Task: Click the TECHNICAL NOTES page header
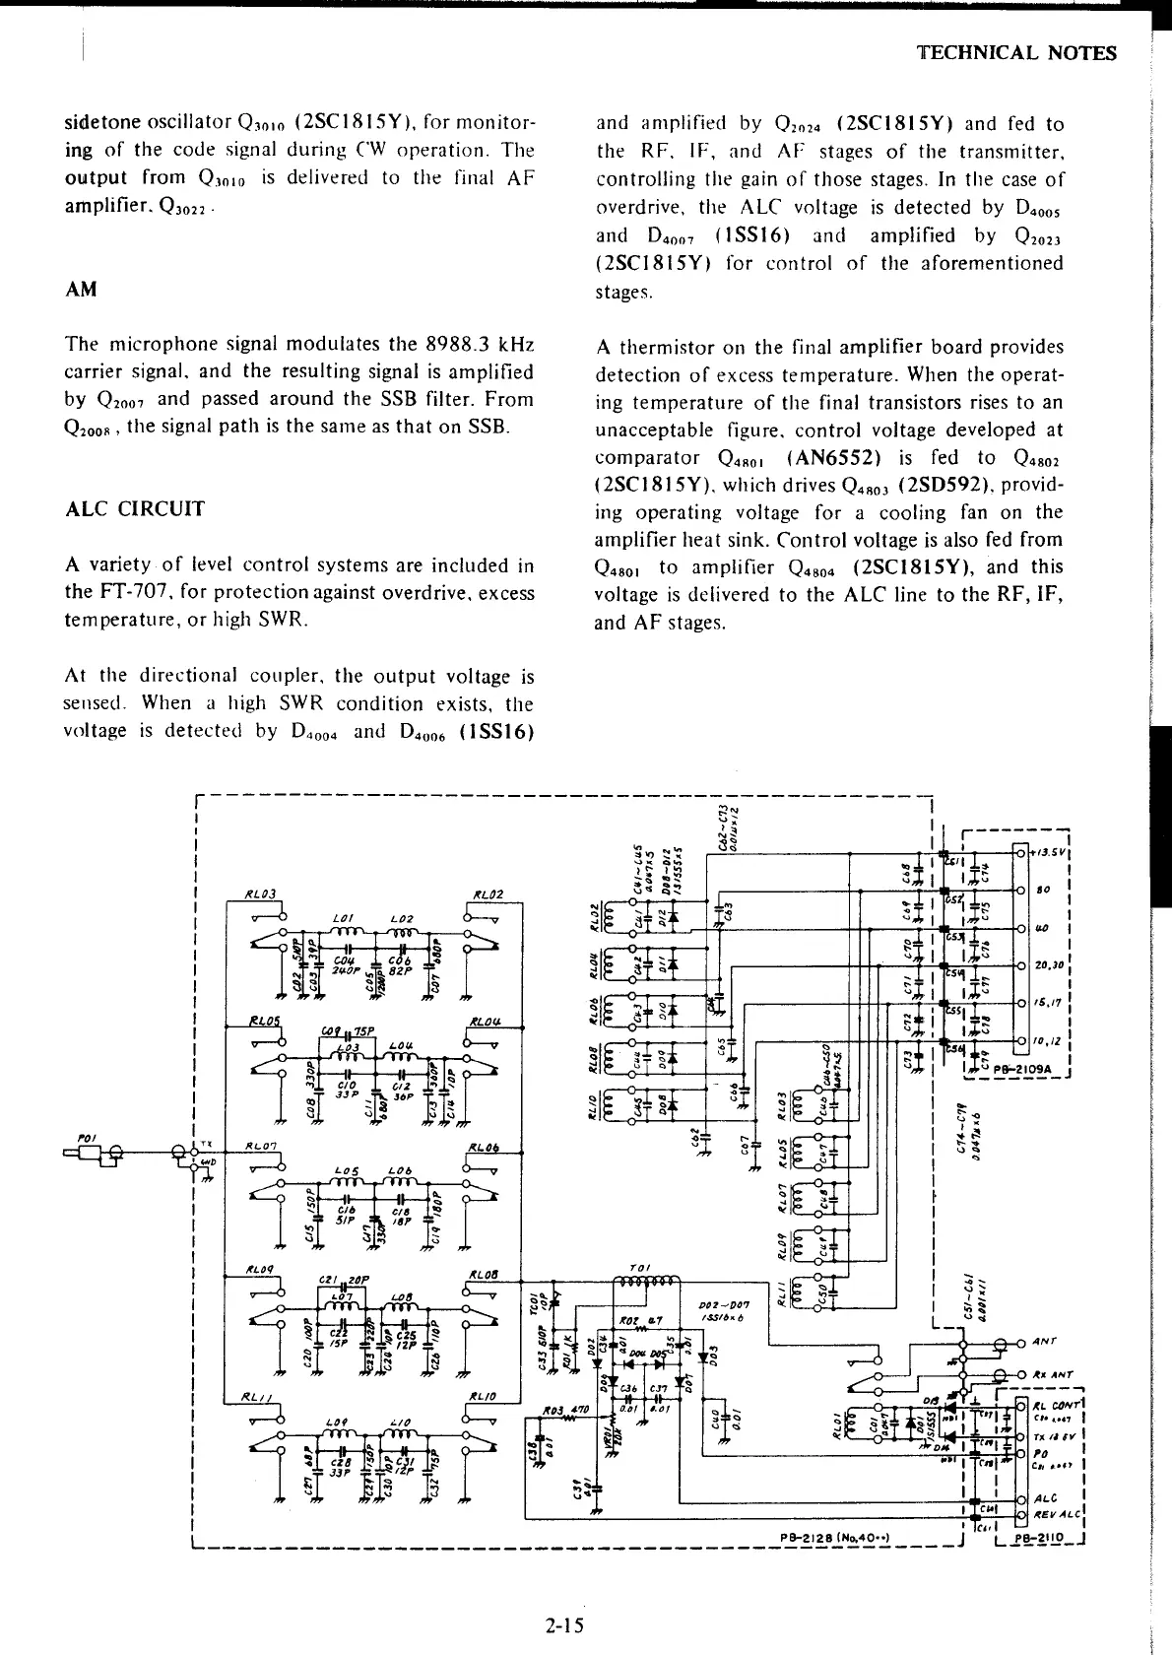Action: (x=1016, y=53)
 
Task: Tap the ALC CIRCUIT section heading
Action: (x=135, y=509)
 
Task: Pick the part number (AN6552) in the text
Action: (x=858, y=457)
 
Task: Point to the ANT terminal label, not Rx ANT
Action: (x=1046, y=1342)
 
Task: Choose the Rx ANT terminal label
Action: (x=1053, y=1375)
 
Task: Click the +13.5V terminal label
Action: (x=1050, y=853)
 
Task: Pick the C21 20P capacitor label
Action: (x=344, y=1279)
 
